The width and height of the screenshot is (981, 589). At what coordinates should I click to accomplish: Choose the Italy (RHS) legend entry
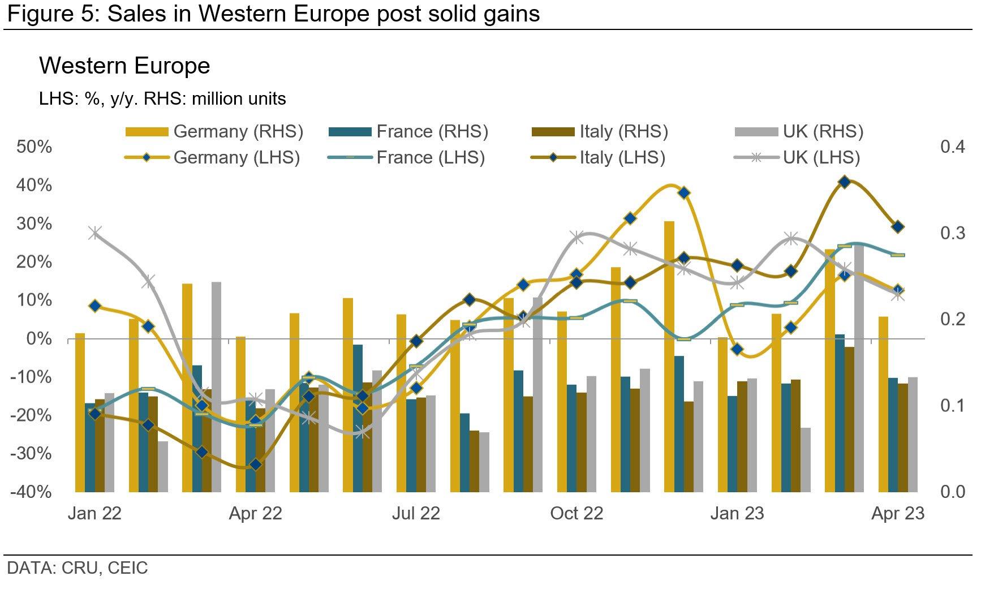(600, 132)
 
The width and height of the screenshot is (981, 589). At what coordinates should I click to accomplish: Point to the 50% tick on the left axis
(34, 147)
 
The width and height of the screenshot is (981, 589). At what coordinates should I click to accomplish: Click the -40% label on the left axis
(31, 491)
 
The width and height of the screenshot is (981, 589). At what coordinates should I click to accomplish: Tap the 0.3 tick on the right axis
(952, 233)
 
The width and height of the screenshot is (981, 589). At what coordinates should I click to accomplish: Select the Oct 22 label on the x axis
(576, 513)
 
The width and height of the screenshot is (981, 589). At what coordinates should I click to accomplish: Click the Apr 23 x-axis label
(898, 513)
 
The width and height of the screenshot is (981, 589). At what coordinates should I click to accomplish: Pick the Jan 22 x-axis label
(94, 513)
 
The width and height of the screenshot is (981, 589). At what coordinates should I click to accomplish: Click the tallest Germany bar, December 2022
(669, 356)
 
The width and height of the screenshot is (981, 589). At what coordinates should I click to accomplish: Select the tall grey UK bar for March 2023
(859, 368)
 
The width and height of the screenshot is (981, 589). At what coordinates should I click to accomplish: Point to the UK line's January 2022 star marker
(95, 233)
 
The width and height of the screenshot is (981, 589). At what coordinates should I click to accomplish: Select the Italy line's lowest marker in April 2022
(256, 465)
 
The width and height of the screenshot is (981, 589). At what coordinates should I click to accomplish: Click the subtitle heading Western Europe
(124, 66)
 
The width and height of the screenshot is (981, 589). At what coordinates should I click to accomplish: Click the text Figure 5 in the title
(51, 14)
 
